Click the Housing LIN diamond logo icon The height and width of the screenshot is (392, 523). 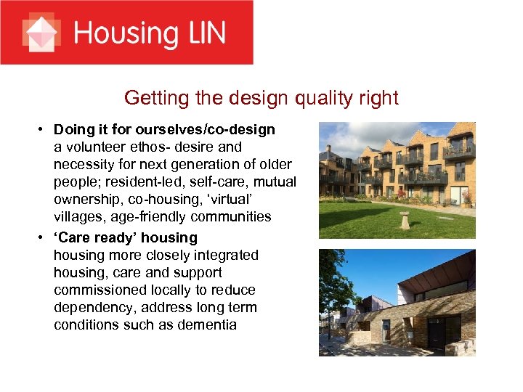coord(41,33)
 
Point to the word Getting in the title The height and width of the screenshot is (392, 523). coord(152,97)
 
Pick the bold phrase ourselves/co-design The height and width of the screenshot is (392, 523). coord(216,130)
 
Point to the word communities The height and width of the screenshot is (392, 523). coord(228,217)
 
